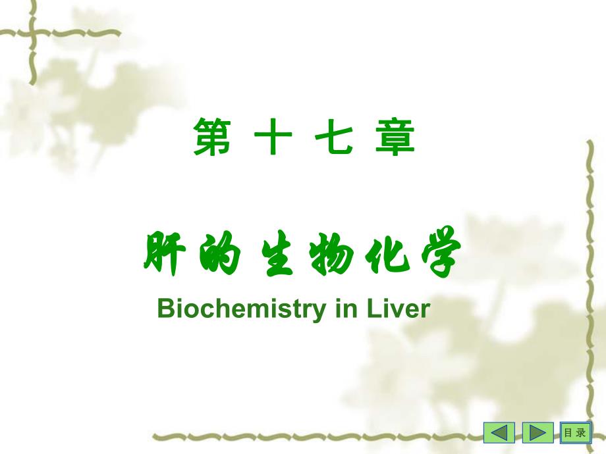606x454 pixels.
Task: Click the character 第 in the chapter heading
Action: pyautogui.click(x=212, y=138)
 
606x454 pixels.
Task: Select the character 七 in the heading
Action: pyautogui.click(x=335, y=138)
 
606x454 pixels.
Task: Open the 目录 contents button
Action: pyautogui.click(x=574, y=433)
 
